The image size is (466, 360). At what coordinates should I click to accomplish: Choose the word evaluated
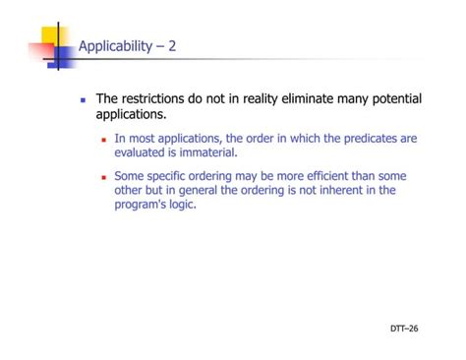click(x=143, y=152)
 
